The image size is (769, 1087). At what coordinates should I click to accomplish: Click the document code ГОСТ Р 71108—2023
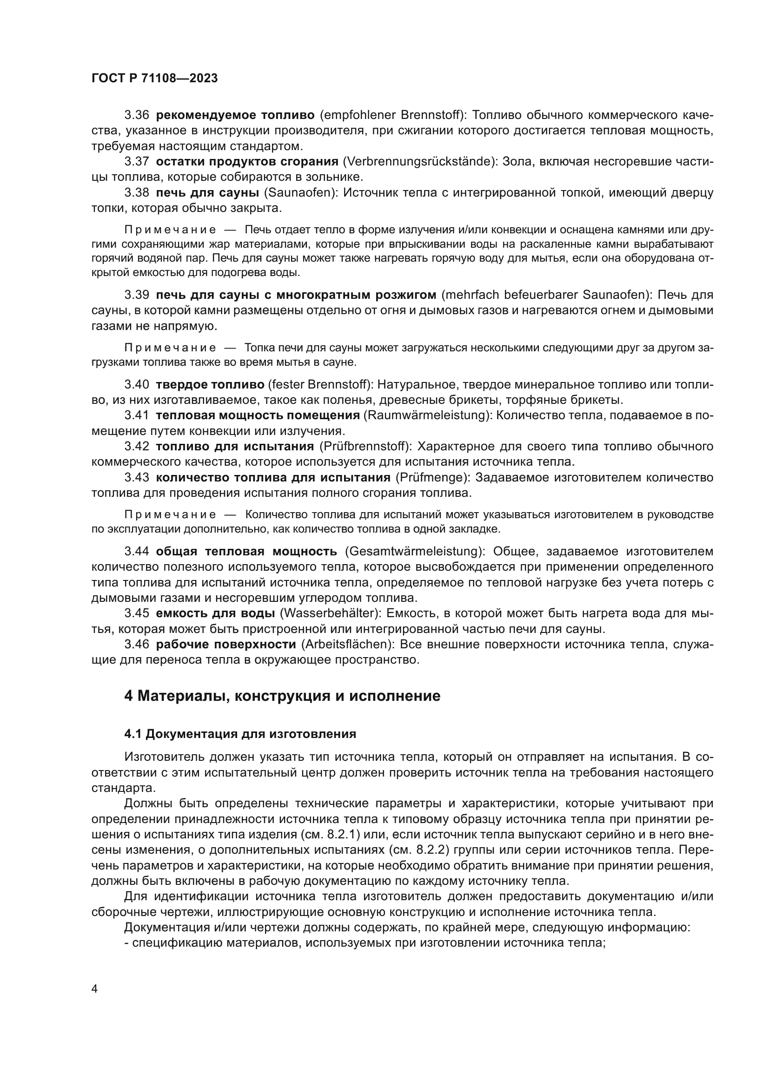[x=154, y=79]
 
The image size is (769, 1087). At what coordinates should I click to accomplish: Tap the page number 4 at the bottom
[x=94, y=989]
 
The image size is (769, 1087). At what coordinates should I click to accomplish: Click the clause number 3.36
[x=136, y=115]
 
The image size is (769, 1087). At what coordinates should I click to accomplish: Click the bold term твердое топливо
[x=210, y=384]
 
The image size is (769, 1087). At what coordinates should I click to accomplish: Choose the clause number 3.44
[x=136, y=551]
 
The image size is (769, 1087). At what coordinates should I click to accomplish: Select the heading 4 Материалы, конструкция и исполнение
[x=282, y=696]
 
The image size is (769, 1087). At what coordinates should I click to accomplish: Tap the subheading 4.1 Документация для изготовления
[x=240, y=734]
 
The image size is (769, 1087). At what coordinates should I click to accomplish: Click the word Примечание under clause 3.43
[x=170, y=514]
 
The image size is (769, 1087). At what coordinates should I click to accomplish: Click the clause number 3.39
[x=136, y=295]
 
